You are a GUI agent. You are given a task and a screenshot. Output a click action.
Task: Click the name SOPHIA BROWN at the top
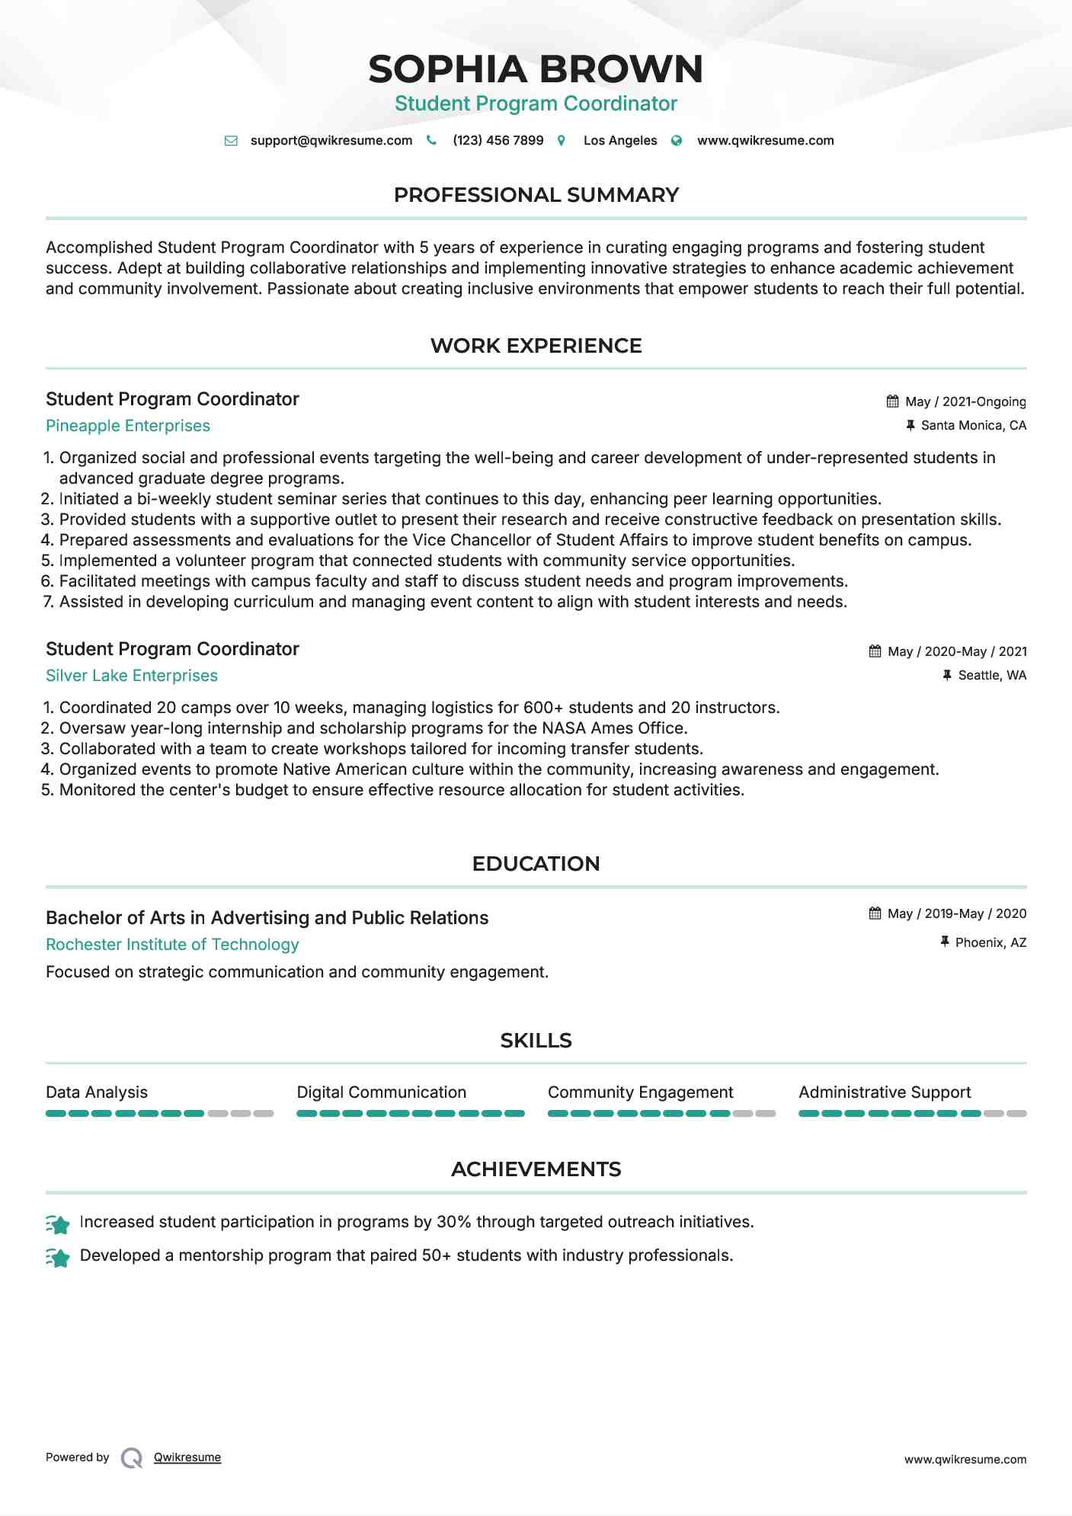point(536,69)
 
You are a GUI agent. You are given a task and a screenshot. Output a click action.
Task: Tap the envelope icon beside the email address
point(231,141)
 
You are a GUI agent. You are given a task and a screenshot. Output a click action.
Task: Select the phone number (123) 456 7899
point(498,141)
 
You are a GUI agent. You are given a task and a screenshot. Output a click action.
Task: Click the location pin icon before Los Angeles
point(562,141)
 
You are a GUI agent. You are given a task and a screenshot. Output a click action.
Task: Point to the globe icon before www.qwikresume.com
point(677,141)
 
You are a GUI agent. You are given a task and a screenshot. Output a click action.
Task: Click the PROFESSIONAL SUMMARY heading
point(536,195)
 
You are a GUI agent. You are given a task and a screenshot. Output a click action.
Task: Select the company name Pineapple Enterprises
point(128,426)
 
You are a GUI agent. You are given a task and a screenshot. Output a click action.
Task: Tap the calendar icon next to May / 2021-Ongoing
point(892,401)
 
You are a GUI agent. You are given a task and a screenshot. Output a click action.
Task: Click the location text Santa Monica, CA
point(973,426)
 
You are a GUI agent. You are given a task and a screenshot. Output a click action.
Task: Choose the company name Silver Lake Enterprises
point(132,676)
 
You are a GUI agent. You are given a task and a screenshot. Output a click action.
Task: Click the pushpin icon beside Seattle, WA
point(947,675)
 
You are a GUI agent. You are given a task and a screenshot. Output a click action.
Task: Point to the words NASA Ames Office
point(613,728)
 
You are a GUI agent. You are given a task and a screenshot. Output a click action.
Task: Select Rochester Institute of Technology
point(172,945)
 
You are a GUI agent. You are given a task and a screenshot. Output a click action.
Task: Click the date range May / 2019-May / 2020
point(957,913)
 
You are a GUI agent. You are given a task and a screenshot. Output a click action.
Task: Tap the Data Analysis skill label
point(97,1092)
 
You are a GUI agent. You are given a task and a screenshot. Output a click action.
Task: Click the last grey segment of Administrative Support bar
point(1016,1114)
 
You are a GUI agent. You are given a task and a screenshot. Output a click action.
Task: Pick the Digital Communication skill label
point(381,1092)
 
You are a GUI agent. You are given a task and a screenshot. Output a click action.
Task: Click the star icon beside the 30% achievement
point(58,1223)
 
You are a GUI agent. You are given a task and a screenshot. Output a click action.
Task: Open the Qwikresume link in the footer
point(187,1457)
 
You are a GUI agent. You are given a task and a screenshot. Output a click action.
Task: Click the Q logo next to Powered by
point(132,1458)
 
